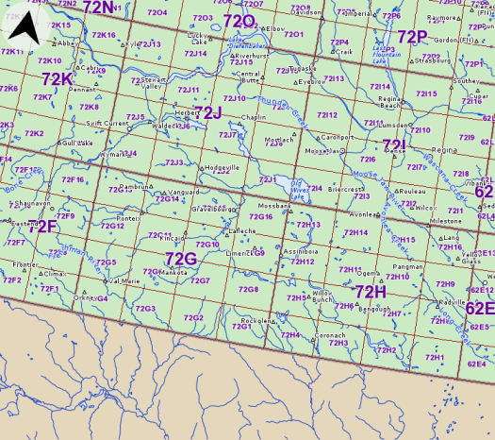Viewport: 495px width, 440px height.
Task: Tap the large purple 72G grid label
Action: [180, 258]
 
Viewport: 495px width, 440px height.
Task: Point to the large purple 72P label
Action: [412, 36]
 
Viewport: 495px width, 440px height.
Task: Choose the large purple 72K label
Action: [58, 79]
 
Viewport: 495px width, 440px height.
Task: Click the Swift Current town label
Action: [107, 123]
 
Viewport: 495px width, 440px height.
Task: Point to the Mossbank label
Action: [273, 205]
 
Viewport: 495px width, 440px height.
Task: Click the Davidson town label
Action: [306, 13]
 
